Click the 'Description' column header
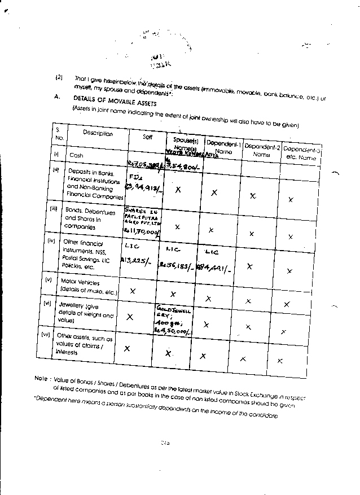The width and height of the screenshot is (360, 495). [98, 134]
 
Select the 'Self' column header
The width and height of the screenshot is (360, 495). [147, 136]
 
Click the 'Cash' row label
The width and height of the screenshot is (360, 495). [76, 154]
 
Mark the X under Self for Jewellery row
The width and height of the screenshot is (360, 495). [130, 317]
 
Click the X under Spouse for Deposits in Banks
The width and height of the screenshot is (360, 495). [178, 190]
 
